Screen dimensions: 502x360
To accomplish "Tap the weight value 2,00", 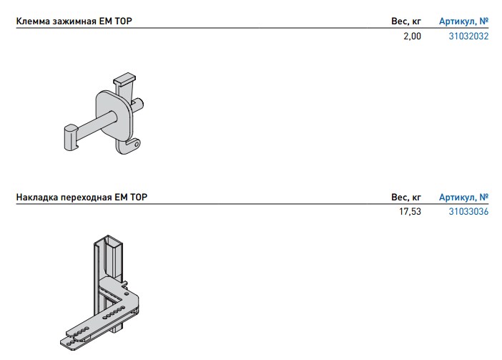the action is (412, 37).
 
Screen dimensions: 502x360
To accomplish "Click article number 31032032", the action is (468, 37).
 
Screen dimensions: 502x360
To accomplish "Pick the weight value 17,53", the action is (410, 212).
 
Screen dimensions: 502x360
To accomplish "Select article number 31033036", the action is (468, 212).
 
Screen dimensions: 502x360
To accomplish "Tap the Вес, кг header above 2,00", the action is (406, 21).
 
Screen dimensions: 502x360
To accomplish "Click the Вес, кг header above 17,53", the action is (406, 198).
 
